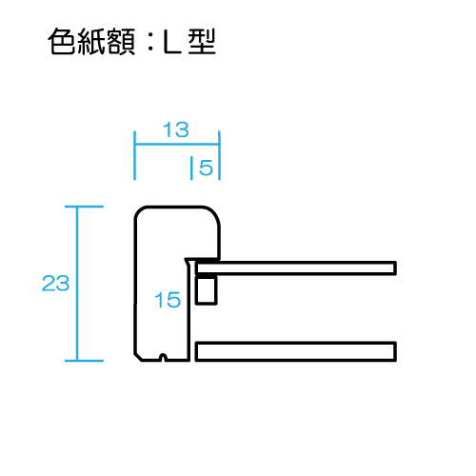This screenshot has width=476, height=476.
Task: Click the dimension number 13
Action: tap(176, 129)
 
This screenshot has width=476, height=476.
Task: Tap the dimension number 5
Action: tap(206, 168)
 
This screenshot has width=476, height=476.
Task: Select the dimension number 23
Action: tap(55, 283)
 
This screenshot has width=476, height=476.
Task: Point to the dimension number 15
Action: tap(168, 300)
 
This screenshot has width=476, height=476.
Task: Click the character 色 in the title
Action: tap(63, 42)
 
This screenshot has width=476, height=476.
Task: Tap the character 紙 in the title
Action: tap(92, 42)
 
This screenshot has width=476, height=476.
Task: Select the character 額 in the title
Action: tap(122, 42)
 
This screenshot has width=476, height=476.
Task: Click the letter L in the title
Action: tap(172, 42)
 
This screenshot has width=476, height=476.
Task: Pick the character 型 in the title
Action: tap(202, 42)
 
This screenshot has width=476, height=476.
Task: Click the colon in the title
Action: tap(150, 43)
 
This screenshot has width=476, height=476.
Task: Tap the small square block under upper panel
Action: tap(206, 290)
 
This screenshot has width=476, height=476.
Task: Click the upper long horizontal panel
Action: tap(296, 268)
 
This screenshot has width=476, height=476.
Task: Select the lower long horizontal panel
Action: tap(296, 351)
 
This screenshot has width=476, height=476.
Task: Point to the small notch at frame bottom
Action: tap(163, 357)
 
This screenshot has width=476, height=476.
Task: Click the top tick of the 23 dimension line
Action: tap(84, 207)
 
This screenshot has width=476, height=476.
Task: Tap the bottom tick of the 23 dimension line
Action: tap(84, 361)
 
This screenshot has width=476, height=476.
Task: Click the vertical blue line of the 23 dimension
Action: tap(76, 284)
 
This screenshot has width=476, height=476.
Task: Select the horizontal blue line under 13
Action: tap(177, 145)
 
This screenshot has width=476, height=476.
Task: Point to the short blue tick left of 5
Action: tap(191, 168)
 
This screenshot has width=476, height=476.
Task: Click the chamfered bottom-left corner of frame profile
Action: tap(137, 357)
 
